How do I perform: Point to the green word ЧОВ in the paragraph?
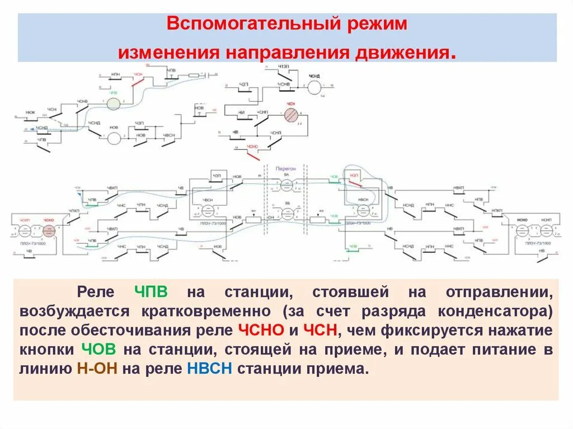(98, 350)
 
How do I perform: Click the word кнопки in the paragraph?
(46, 350)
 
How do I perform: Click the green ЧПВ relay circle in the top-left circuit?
(114, 103)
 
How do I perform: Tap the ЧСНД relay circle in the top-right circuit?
(316, 87)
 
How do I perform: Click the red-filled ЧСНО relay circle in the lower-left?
(49, 231)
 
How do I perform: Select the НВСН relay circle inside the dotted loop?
(363, 210)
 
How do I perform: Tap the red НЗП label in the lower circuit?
(354, 175)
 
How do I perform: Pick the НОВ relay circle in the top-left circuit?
(114, 139)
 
